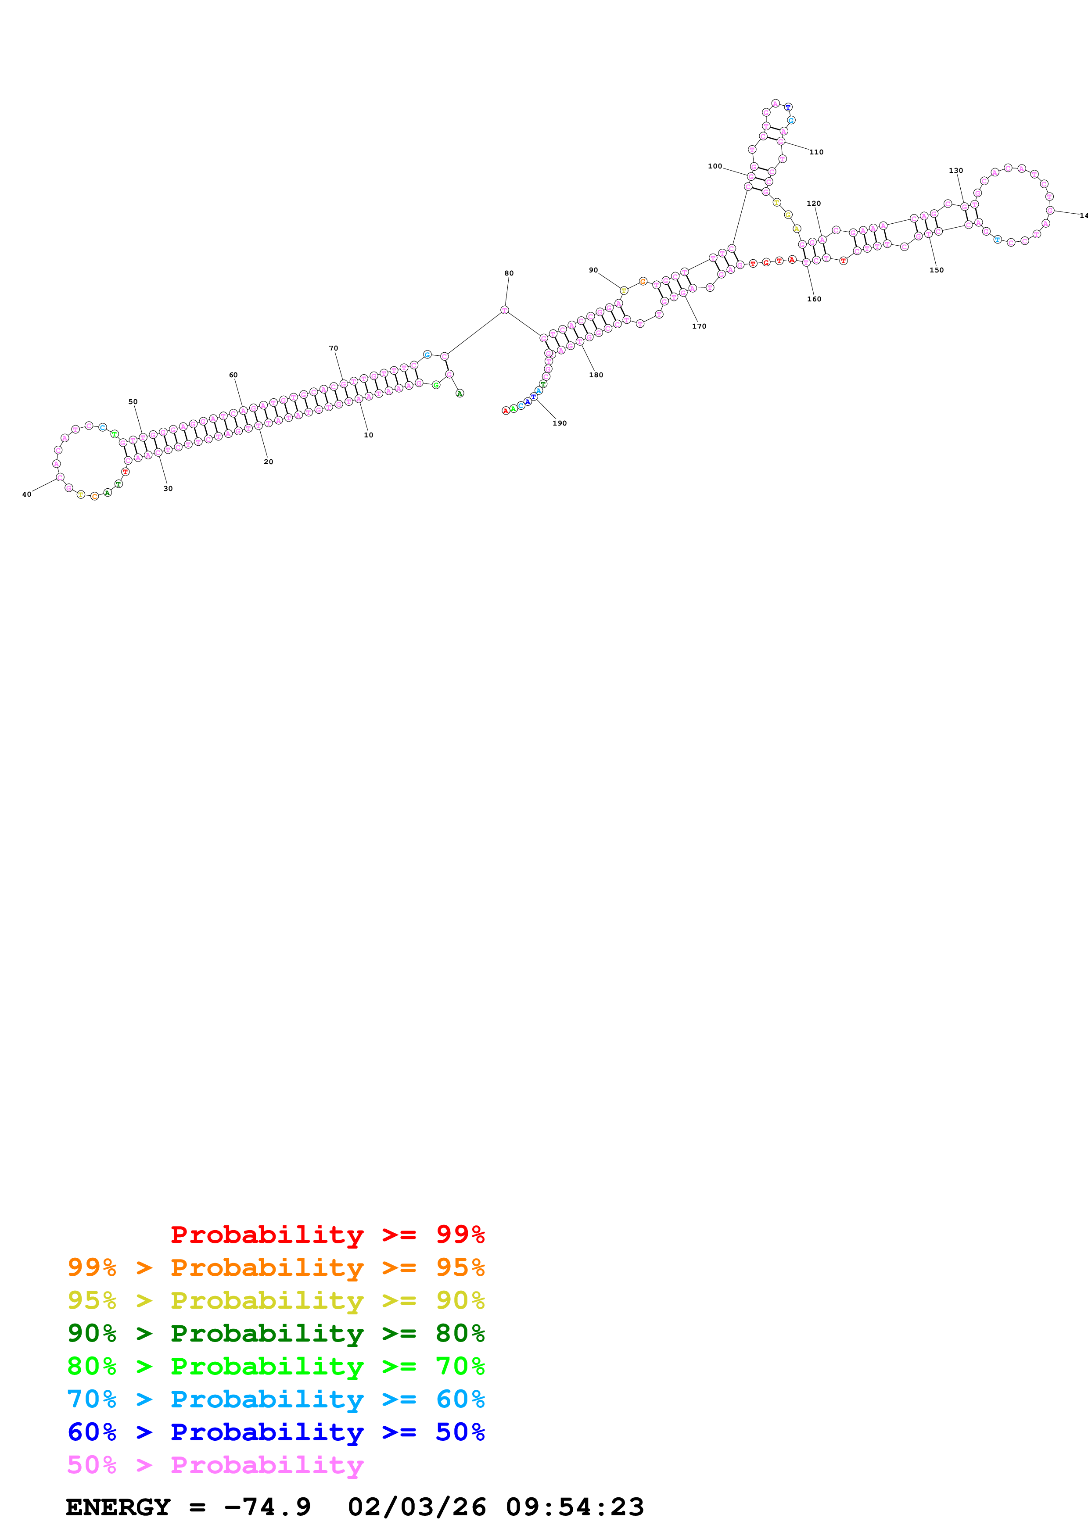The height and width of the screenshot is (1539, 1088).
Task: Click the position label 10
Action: (368, 435)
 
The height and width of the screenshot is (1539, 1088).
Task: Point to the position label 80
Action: (509, 273)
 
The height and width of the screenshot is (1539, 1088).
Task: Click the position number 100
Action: (715, 166)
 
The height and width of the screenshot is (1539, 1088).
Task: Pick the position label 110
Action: (816, 152)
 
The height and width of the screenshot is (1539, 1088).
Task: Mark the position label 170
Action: (699, 326)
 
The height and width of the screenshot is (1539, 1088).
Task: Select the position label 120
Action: (813, 203)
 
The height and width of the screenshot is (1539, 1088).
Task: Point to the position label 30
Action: (168, 489)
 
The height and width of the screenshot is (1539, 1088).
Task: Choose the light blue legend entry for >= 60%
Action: (276, 1399)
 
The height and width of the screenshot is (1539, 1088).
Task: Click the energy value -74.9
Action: (267, 1507)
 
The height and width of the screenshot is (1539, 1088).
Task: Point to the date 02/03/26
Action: (417, 1507)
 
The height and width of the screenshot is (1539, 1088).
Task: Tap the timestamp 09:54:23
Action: (575, 1507)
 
